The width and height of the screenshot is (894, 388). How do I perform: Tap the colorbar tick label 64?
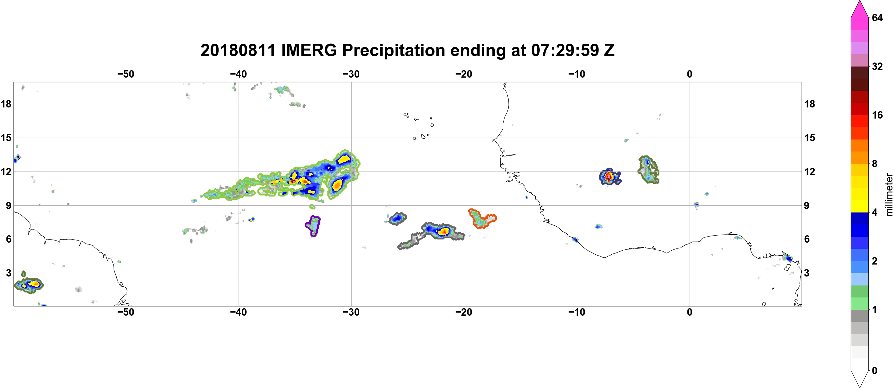click(877, 18)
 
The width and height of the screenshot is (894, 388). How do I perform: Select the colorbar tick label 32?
click(877, 66)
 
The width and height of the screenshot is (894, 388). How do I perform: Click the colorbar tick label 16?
click(877, 115)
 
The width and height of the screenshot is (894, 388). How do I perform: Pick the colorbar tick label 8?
click(875, 164)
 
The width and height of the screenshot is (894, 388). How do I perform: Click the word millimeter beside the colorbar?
click(889, 195)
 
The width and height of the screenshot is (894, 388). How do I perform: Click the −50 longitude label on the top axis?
click(126, 74)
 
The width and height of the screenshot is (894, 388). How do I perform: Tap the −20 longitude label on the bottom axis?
click(464, 312)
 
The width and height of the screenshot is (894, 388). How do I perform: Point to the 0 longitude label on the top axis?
click(690, 74)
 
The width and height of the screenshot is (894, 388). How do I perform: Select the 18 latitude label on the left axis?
click(6, 104)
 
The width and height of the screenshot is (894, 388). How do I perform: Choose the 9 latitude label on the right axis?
click(807, 205)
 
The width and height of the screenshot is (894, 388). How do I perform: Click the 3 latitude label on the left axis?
click(9, 273)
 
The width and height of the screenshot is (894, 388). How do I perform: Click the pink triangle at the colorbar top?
click(860, 9)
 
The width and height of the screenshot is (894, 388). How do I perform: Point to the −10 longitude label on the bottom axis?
click(577, 312)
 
